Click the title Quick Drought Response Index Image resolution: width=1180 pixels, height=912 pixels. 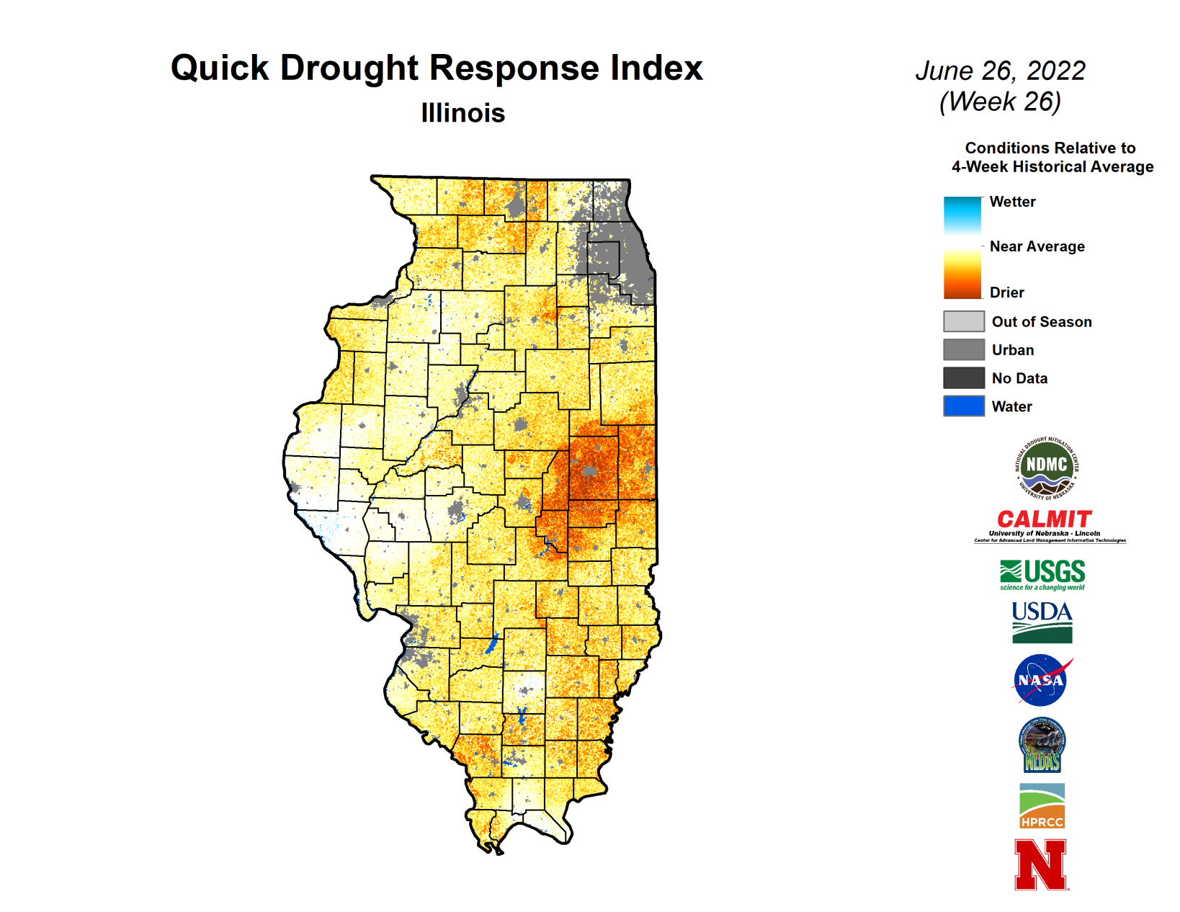pyautogui.click(x=437, y=68)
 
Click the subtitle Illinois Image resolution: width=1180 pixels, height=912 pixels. pyautogui.click(x=462, y=113)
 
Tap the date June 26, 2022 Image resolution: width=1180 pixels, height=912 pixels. pyautogui.click(x=1000, y=71)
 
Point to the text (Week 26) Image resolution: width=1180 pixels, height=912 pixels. pyautogui.click(x=1000, y=102)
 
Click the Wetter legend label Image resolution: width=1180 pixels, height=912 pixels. pyautogui.click(x=1012, y=202)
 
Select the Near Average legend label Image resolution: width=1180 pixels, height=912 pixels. pyautogui.click(x=1037, y=246)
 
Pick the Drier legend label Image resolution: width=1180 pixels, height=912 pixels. pyautogui.click(x=1006, y=292)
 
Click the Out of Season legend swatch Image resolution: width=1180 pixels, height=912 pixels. pyautogui.click(x=963, y=321)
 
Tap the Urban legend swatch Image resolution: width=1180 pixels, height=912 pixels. pyautogui.click(x=963, y=349)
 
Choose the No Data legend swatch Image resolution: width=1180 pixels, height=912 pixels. pyautogui.click(x=963, y=377)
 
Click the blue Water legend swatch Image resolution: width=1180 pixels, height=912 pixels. pyautogui.click(x=963, y=406)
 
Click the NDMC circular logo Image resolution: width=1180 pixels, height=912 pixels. pyautogui.click(x=1046, y=468)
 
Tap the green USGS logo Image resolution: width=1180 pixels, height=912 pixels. pyautogui.click(x=1042, y=575)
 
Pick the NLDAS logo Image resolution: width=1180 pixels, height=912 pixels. pyautogui.click(x=1042, y=745)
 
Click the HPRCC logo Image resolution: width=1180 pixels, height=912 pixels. pyautogui.click(x=1042, y=806)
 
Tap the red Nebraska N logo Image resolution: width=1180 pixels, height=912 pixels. pyautogui.click(x=1040, y=864)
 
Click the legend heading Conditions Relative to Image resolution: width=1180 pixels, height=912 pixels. pyautogui.click(x=1050, y=148)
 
